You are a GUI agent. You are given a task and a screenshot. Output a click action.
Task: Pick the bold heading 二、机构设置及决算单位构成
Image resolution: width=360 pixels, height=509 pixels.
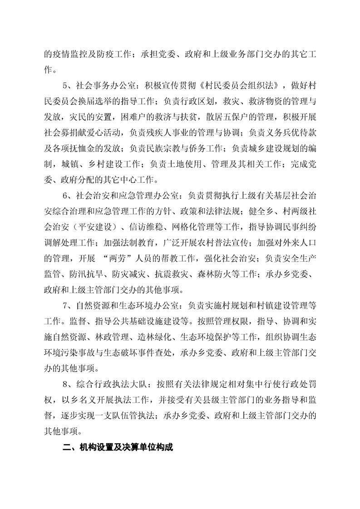click(118, 446)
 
